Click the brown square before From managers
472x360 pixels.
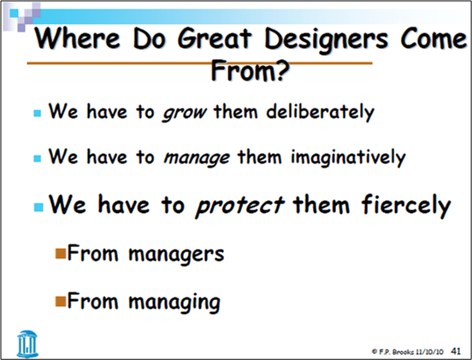60,253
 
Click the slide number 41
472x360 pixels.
456,350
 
